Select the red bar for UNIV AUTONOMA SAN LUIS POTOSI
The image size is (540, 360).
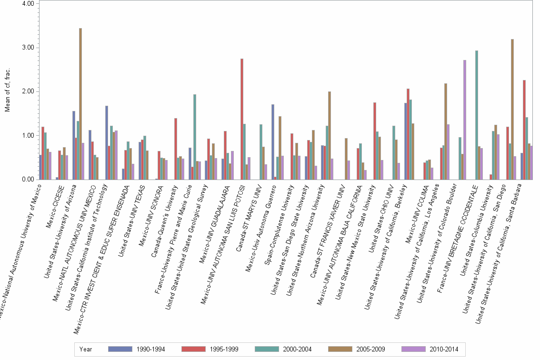click(x=242, y=119)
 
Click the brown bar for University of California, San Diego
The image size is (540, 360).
click(x=512, y=109)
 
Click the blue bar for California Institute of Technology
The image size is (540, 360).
click(x=107, y=142)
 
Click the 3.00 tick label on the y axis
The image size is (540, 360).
click(x=27, y=48)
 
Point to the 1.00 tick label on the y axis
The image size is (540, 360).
click(x=27, y=136)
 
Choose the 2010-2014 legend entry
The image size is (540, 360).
click(x=443, y=350)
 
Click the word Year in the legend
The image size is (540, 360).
click(x=86, y=350)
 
